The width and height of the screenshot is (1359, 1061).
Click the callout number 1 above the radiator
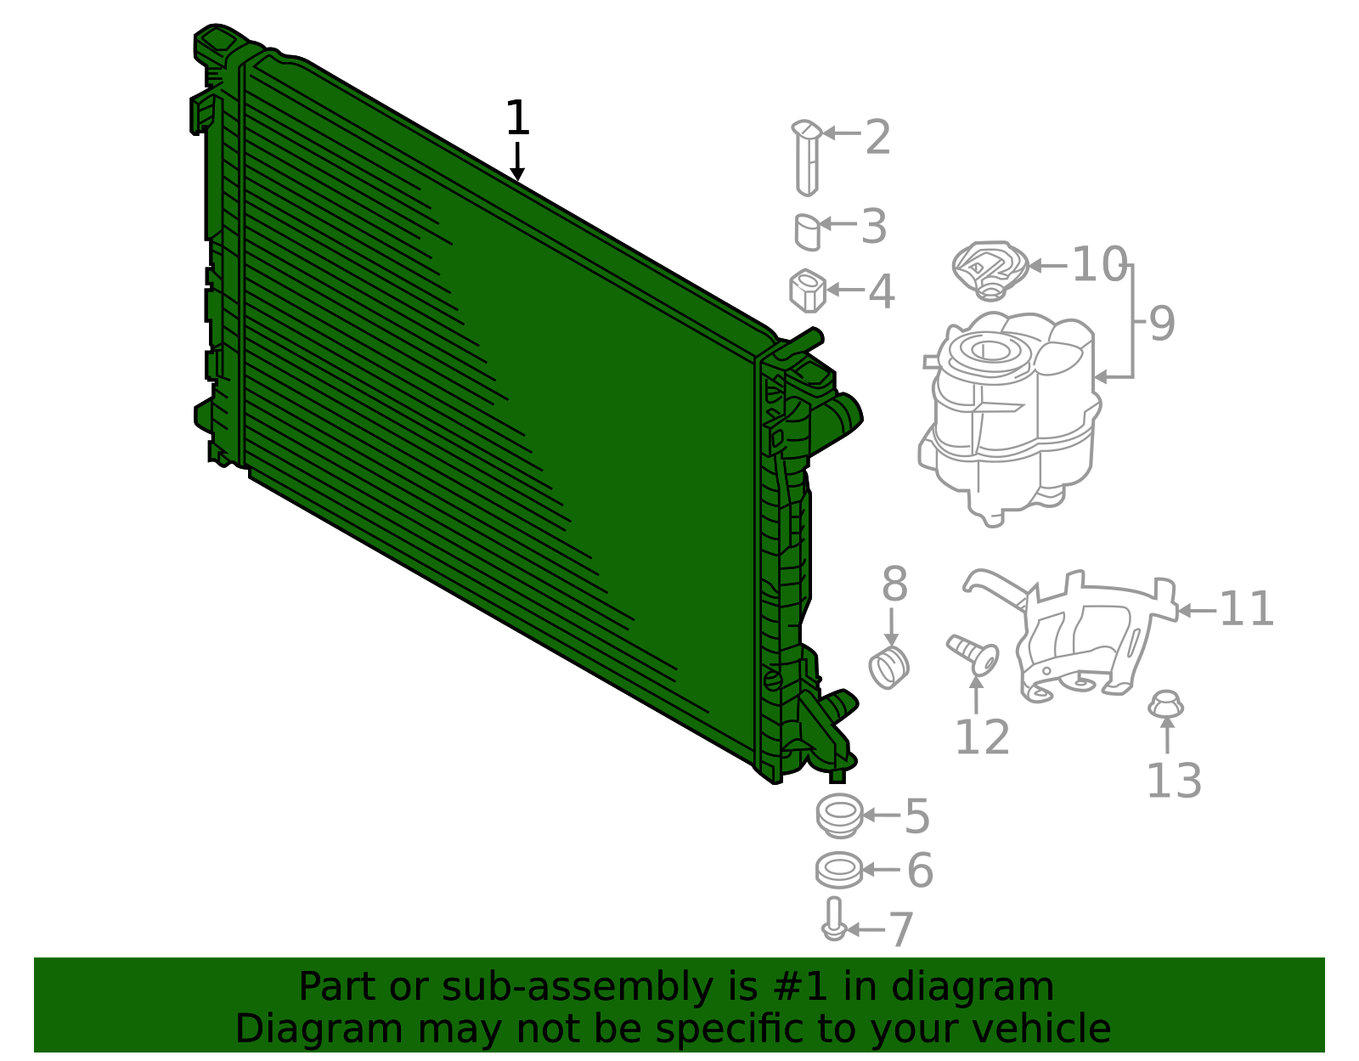[x=516, y=119]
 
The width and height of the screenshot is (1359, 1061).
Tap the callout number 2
[x=877, y=138]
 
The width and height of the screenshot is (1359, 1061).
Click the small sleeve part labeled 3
[x=808, y=232]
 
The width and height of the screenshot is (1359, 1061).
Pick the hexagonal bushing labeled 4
[x=808, y=291]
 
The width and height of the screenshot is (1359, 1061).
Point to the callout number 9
[x=1161, y=324]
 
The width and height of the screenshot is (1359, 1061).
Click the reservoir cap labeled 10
[x=990, y=268]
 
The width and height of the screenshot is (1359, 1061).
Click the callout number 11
[x=1246, y=610]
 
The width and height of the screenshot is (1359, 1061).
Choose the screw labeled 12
[x=973, y=652]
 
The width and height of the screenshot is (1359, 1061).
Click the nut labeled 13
[x=1166, y=704]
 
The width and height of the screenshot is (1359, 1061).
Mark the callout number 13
[x=1173, y=782]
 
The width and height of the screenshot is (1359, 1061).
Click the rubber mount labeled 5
[x=838, y=815]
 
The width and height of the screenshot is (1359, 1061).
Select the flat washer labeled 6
[x=838, y=870]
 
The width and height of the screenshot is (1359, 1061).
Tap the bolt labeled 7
[x=834, y=919]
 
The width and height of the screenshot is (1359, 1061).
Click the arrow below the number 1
[x=516, y=162]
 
